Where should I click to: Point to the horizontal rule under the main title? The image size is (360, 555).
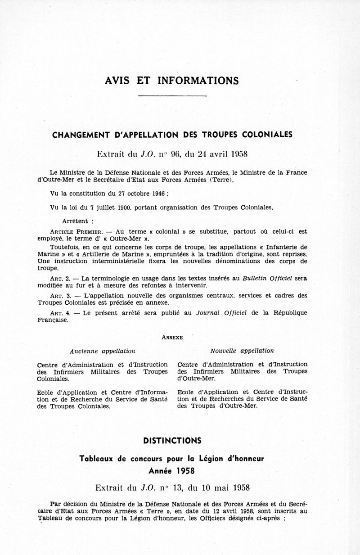coord(172,96)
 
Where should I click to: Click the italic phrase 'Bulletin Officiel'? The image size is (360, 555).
coord(267,278)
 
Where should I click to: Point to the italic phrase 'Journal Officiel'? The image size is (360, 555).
coord(222,313)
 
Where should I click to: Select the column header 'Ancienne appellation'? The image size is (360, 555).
coord(103,351)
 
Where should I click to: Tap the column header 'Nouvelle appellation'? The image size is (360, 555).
coord(242,351)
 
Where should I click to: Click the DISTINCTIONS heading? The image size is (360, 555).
coord(172,440)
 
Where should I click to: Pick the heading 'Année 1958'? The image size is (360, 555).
coord(172,470)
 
